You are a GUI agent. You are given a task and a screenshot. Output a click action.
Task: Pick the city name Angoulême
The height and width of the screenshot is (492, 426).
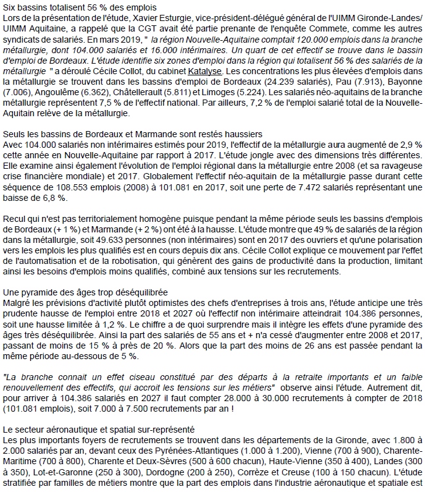(x=56, y=92)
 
